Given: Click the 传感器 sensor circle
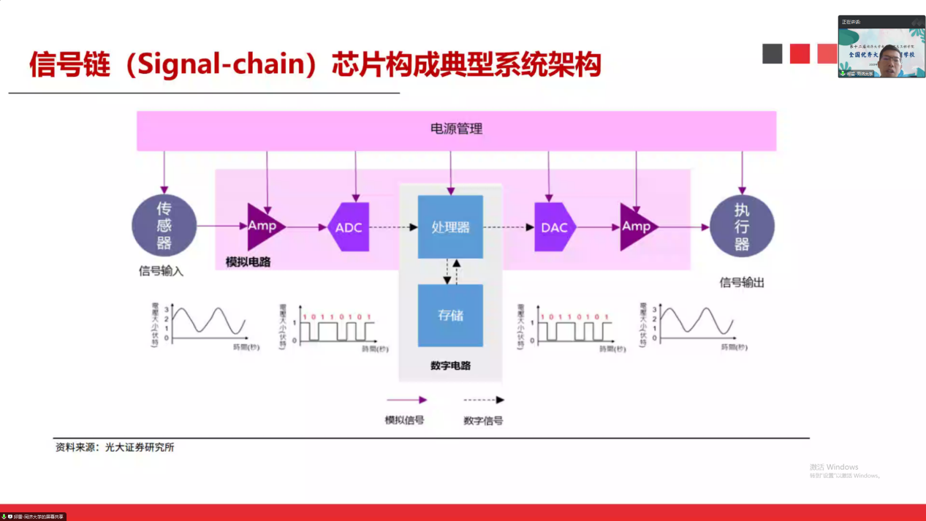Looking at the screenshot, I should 164,226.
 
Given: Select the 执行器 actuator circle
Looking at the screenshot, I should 741,226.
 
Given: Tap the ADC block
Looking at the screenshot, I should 349,227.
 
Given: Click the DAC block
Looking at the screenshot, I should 554,227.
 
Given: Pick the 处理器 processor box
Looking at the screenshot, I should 450,227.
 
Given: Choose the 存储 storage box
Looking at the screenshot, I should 450,316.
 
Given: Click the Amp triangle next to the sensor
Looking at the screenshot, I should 262,226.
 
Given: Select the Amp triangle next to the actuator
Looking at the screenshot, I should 636,227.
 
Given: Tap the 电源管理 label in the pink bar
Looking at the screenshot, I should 456,129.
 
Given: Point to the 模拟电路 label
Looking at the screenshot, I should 248,262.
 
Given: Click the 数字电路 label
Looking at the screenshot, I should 450,365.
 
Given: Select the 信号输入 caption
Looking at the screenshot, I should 161,271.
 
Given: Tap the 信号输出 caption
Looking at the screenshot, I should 742,282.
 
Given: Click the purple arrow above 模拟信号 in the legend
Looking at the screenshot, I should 406,400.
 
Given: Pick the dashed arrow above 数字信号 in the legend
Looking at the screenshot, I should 484,400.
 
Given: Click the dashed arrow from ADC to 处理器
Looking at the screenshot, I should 392,227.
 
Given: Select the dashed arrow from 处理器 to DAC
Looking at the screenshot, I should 508,227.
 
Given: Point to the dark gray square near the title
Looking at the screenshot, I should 772,53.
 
